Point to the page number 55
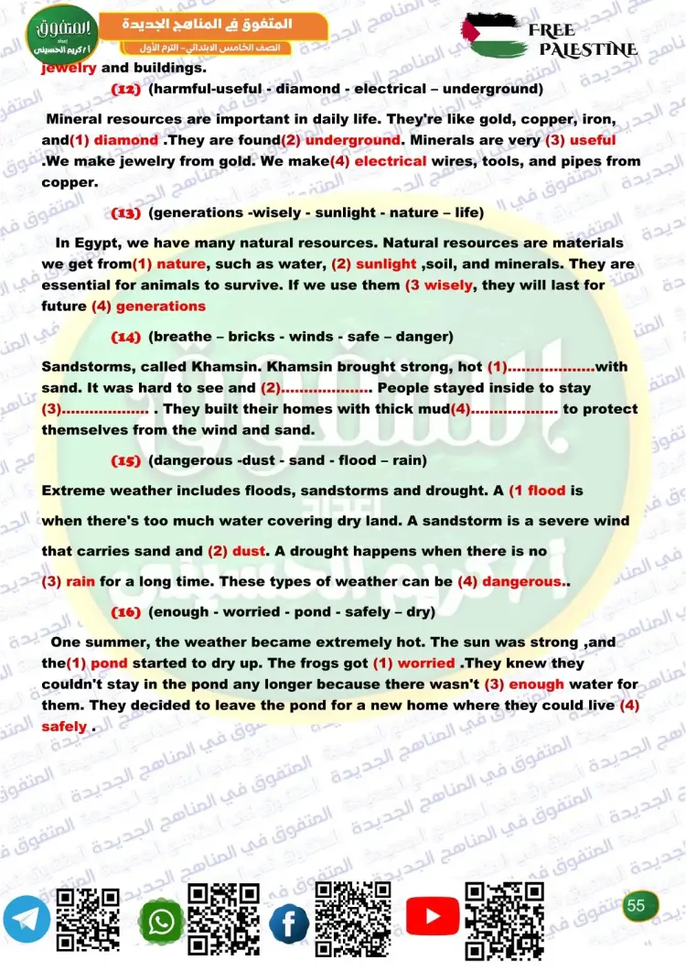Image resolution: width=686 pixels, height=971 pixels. (637, 906)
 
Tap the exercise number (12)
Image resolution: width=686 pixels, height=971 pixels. (125, 90)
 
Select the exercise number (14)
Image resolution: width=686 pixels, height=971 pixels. (125, 337)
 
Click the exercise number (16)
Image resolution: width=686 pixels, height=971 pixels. (125, 611)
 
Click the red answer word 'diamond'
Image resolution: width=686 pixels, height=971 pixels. (126, 140)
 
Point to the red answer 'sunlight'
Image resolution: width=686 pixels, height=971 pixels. (385, 264)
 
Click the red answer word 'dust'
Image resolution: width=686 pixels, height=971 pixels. (248, 551)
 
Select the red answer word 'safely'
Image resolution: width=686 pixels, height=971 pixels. (64, 727)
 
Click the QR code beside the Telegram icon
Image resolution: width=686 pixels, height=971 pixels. (89, 918)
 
